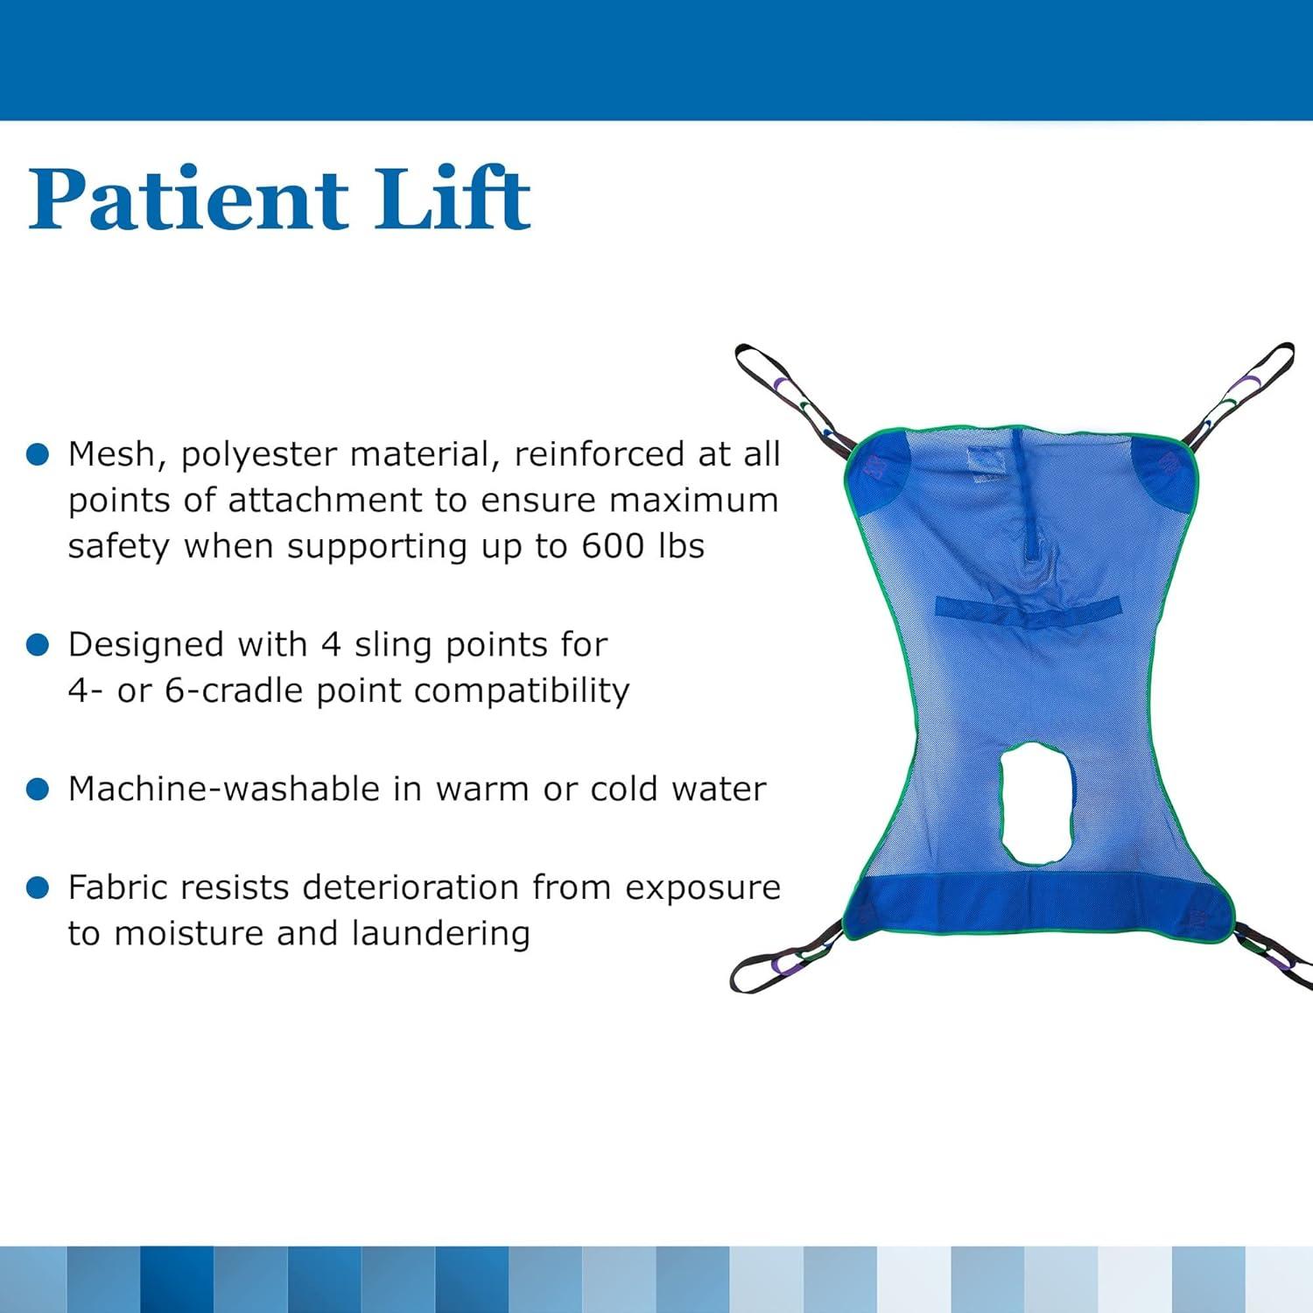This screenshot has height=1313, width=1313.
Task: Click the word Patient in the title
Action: pos(188,199)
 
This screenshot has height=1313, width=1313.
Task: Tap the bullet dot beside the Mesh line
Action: pos(38,454)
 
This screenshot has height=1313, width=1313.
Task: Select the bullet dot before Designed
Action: pos(38,645)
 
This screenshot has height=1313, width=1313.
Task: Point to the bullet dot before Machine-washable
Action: pos(38,790)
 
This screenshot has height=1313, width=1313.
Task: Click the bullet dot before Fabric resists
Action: pos(38,888)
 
